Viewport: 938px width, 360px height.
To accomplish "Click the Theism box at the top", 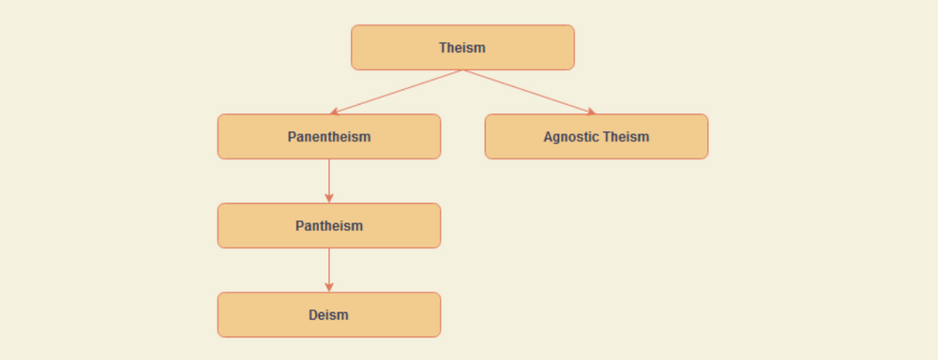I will point(394,48).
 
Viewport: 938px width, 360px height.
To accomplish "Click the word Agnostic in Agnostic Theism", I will point(571,137).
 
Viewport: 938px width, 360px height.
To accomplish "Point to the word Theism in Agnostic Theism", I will point(626,137).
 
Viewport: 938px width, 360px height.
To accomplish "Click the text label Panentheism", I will point(329,137).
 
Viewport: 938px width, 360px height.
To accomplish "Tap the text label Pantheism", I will point(329,226).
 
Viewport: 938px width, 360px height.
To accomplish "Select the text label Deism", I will point(329,315).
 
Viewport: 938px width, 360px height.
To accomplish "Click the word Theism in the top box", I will point(462,48).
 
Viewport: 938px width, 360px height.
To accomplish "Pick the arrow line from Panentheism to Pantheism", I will point(329,178).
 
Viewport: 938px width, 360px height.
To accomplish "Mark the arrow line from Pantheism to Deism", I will point(329,267).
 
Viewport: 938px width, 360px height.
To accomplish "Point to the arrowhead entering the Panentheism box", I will point(334,112).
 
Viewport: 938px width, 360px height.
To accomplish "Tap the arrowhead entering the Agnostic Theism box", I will point(591,112).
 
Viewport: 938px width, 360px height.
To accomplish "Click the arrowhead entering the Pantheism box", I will point(329,199).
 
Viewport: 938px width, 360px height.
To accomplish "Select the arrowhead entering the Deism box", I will point(329,288).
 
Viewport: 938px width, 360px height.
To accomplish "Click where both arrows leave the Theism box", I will point(462,70).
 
